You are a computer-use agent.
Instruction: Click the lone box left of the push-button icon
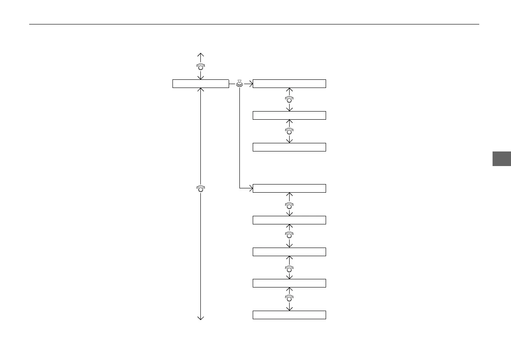click(200, 84)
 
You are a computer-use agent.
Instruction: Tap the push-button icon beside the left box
click(239, 84)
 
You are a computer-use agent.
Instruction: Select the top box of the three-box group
click(289, 84)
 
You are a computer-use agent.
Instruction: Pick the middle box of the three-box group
click(289, 115)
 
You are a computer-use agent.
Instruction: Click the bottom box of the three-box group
click(289, 147)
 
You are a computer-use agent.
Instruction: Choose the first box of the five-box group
click(289, 188)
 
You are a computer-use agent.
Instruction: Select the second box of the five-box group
click(289, 220)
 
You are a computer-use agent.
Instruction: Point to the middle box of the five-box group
click(289, 252)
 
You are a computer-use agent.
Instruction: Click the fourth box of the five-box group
click(289, 283)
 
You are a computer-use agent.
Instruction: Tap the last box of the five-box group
click(289, 315)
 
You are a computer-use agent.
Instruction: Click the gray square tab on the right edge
click(501, 158)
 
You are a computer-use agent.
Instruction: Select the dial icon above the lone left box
click(200, 67)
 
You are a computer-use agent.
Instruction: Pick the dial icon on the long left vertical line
click(200, 188)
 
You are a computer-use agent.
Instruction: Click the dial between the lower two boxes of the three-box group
click(289, 131)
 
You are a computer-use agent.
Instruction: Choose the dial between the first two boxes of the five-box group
click(289, 205)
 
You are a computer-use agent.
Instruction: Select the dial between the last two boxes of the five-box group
click(289, 299)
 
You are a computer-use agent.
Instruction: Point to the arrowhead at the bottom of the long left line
click(200, 318)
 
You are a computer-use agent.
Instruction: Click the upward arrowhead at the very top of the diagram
click(200, 54)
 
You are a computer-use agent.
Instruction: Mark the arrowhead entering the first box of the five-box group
click(251, 188)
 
